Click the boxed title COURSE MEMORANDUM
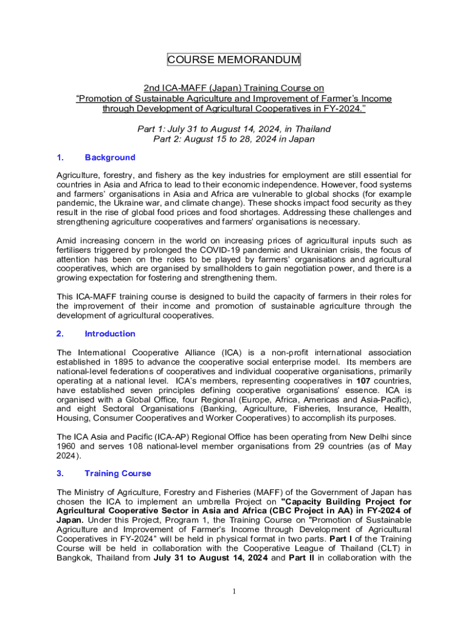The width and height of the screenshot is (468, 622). pos(234,60)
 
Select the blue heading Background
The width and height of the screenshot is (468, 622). pos(110,157)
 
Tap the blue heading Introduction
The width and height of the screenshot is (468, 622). pos(110,333)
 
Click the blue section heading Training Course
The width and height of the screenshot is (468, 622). pos(118,473)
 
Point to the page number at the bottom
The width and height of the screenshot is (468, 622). pos(234,593)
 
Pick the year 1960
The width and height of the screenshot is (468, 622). pos(67,447)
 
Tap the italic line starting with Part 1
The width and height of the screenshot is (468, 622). pos(234,129)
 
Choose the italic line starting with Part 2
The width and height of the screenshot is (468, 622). pos(234,138)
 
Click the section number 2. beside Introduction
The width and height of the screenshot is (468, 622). pos(60,333)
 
